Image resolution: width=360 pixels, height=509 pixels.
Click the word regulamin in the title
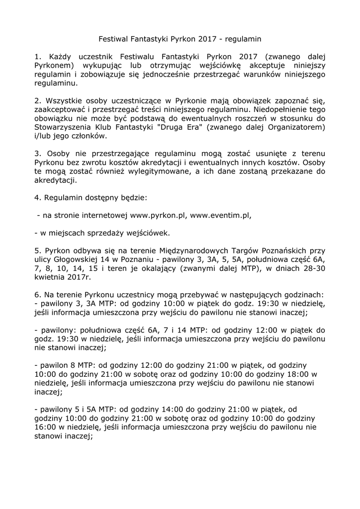245,38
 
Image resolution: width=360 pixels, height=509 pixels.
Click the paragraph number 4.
37,198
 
